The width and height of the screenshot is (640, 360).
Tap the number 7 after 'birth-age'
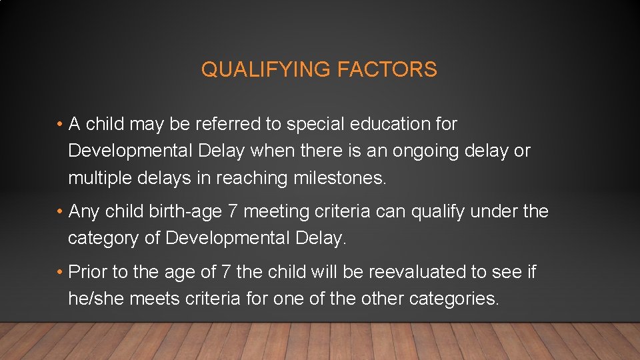click(x=233, y=212)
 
